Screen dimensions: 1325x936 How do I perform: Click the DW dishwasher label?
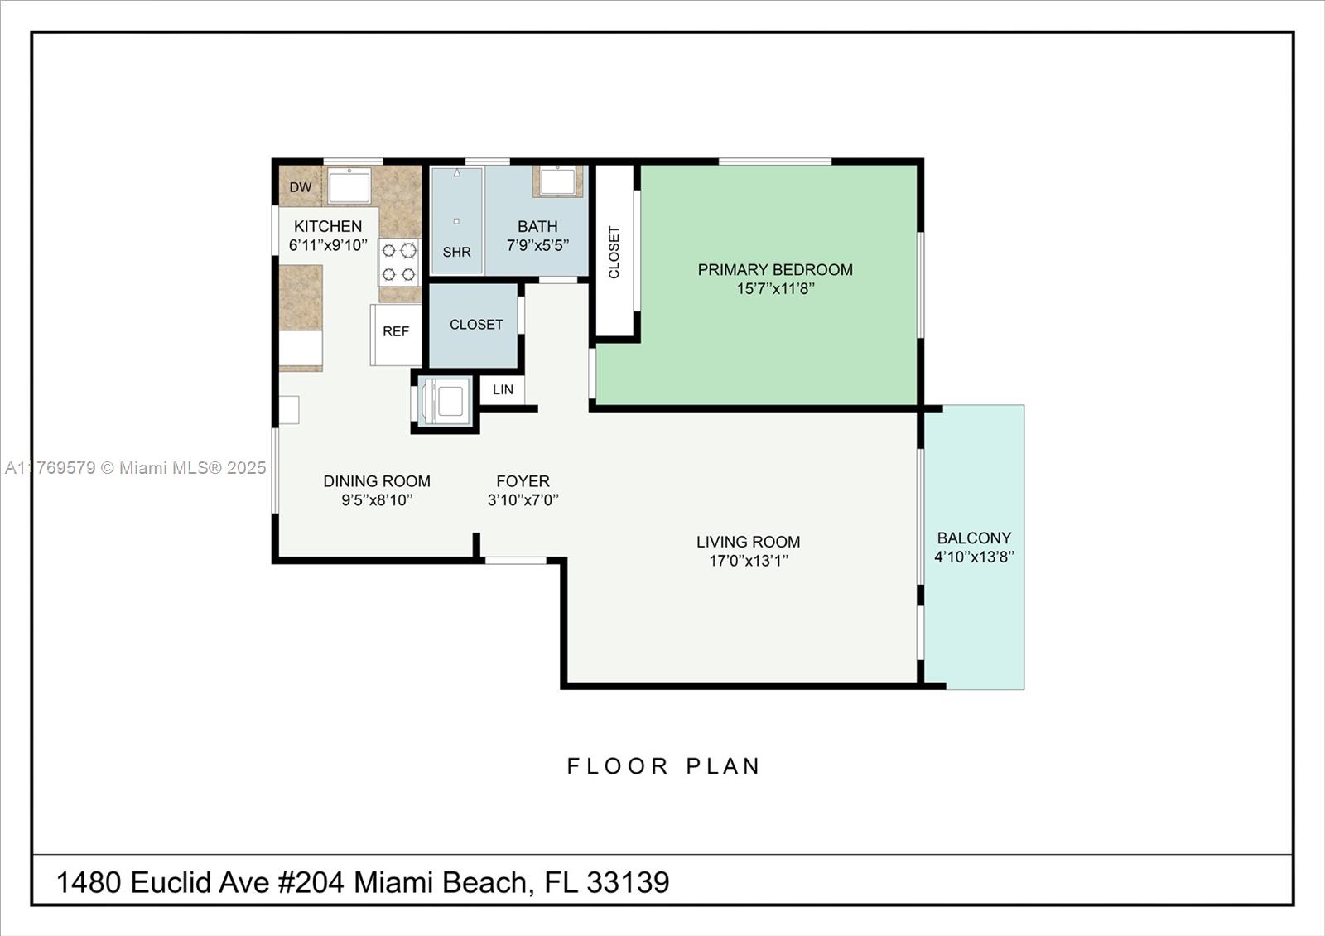pos(301,187)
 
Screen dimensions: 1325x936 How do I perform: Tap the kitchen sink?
pos(349,186)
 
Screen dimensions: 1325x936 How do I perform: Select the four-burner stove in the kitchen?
pos(399,262)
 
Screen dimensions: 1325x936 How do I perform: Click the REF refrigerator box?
pos(396,335)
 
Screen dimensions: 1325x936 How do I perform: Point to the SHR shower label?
pos(456,252)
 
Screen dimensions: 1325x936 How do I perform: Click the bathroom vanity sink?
pos(558,181)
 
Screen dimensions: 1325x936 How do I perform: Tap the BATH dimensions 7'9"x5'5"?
pos(537,245)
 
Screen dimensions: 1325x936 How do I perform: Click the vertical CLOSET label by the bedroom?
pos(614,252)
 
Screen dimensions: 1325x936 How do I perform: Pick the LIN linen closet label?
pos(503,389)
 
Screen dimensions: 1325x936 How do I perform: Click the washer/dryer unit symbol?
pos(446,403)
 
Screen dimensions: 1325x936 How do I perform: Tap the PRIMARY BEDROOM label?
pos(775,270)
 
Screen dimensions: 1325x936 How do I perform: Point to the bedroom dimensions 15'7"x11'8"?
pos(775,289)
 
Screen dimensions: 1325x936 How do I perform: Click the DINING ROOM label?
pos(377,481)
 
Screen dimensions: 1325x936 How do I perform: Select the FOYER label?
pos(523,481)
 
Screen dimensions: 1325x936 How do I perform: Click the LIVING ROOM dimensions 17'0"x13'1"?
pos(749,561)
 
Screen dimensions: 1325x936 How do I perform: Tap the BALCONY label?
pos(974,538)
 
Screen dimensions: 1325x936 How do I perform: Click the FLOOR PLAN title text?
pos(663,766)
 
